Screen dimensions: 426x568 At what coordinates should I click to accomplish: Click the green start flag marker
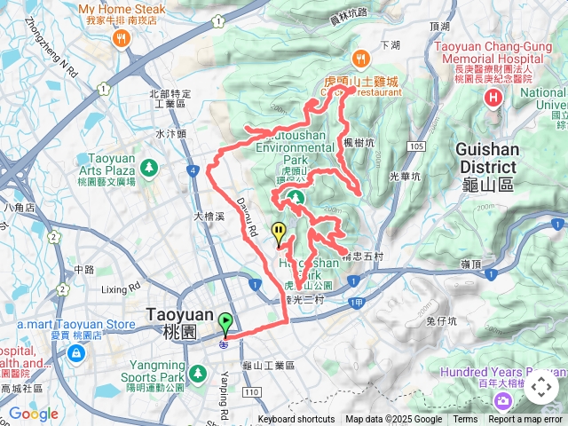[x=225, y=322]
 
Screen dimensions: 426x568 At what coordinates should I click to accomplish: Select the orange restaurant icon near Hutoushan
[x=360, y=59]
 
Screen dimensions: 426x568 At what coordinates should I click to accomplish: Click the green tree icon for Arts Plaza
[x=148, y=165]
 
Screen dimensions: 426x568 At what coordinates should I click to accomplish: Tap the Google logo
[x=33, y=414]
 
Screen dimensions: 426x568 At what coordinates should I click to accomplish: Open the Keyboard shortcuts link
[x=296, y=420]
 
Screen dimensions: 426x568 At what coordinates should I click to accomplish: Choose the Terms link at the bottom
[x=465, y=420]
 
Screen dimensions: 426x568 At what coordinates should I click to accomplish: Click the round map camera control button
[x=540, y=388]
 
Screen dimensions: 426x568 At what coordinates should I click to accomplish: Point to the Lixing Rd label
[x=121, y=288]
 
